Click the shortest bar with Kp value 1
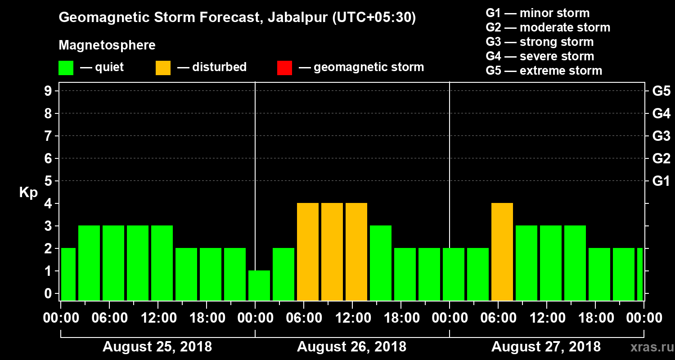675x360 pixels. (x=259, y=285)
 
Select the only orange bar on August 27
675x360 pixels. (x=502, y=252)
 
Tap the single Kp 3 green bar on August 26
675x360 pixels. (x=381, y=263)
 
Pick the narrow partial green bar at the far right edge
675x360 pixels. (x=640, y=274)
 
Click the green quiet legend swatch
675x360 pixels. (x=66, y=67)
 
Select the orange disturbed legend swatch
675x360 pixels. (x=163, y=67)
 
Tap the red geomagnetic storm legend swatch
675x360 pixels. (x=284, y=67)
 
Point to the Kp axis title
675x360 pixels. (x=28, y=193)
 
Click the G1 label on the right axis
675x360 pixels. (x=661, y=181)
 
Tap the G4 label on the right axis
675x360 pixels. (x=661, y=113)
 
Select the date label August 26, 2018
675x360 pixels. (x=351, y=347)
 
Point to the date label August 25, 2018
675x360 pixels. (x=157, y=347)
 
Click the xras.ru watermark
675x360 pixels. (x=648, y=347)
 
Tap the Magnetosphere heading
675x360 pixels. (x=107, y=45)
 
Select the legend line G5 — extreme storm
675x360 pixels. (x=544, y=71)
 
